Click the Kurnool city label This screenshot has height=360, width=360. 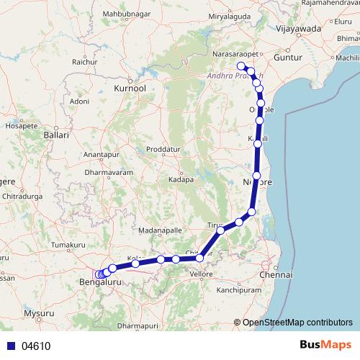tap(130, 88)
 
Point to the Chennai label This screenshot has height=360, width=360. tap(278, 275)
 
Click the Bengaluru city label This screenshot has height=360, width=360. tap(101, 283)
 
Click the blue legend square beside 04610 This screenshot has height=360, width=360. tap(11, 346)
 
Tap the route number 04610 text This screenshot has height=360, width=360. tap(35, 346)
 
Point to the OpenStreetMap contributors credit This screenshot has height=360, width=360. tap(297, 323)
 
